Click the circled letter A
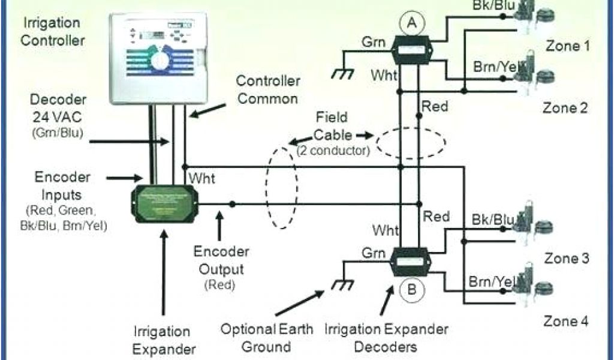click(411, 23)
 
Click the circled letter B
click(412, 290)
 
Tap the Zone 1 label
click(570, 46)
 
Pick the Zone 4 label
click(570, 321)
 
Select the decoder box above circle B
click(411, 260)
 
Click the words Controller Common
click(266, 89)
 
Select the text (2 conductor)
click(333, 151)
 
